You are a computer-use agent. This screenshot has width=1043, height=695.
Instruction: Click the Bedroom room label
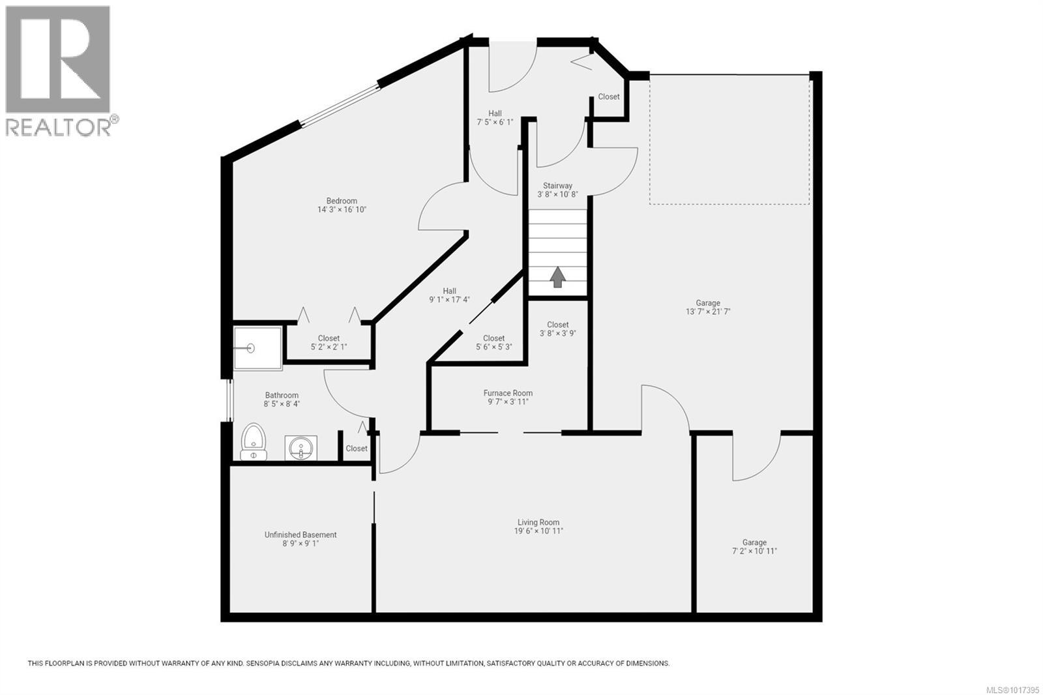click(342, 201)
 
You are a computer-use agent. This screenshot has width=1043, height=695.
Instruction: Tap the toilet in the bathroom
click(254, 441)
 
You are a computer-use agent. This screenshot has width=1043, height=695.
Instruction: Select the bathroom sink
click(301, 448)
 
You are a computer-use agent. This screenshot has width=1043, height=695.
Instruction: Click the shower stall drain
click(251, 349)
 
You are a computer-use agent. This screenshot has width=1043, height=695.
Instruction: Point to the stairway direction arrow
click(557, 276)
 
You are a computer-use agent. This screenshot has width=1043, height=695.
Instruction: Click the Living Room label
click(538, 522)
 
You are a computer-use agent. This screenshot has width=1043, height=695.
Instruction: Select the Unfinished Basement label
click(301, 535)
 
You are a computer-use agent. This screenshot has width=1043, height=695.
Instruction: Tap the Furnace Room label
click(508, 393)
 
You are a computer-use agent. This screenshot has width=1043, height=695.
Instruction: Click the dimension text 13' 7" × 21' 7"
click(708, 312)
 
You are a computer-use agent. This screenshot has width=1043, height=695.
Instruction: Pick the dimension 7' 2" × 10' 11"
click(754, 551)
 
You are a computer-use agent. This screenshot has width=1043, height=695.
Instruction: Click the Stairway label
click(557, 186)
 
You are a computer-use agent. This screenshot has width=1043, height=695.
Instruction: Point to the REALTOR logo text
click(59, 127)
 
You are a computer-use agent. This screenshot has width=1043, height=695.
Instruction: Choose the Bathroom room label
click(282, 395)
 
